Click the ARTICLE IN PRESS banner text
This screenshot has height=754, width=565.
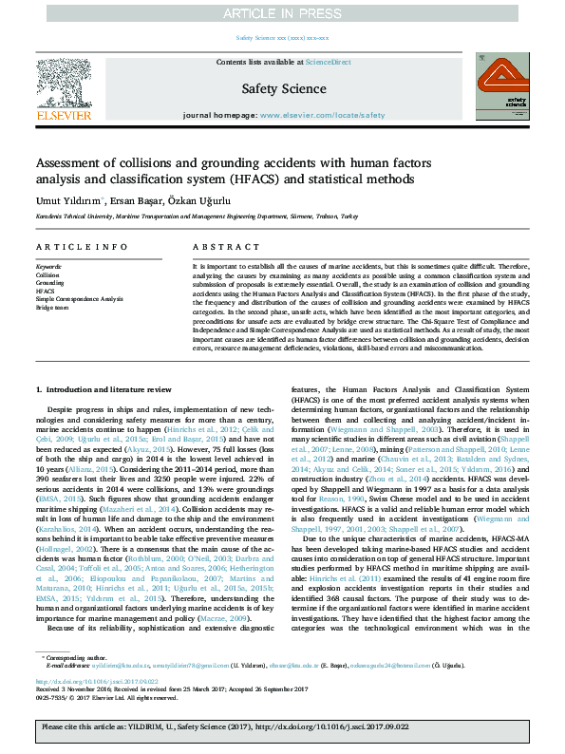point(282,13)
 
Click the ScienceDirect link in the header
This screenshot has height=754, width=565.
point(329,62)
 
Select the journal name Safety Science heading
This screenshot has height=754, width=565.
point(283,89)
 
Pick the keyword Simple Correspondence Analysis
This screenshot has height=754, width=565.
point(81,299)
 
